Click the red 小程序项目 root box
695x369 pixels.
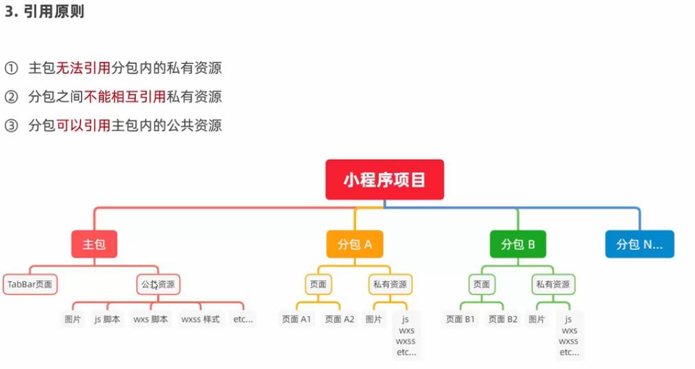coord(384,180)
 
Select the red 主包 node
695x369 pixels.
coord(94,244)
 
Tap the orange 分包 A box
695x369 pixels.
coord(355,244)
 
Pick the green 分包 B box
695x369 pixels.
coord(518,244)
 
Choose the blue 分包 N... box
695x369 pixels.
coord(639,244)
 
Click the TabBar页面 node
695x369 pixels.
coord(30,284)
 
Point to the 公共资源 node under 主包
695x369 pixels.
coord(158,284)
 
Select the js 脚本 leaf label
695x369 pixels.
coord(108,319)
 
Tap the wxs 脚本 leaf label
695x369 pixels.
coord(150,319)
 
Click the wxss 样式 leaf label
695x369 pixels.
coord(200,319)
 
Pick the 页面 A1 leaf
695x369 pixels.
coord(296,319)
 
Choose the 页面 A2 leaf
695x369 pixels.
coord(340,319)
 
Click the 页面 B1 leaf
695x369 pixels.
coord(460,319)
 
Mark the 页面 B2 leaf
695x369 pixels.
coord(503,319)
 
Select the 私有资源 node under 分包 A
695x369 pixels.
coord(390,284)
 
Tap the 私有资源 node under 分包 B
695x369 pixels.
coord(553,284)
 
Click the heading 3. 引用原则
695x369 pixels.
coord(45,12)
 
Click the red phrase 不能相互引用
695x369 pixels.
coord(125,97)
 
